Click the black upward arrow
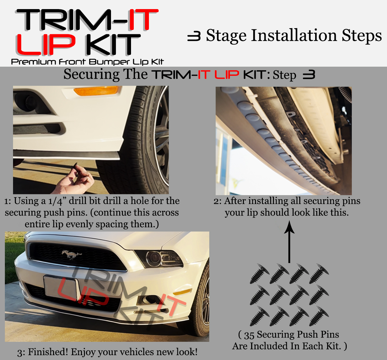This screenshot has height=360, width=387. pyautogui.click(x=289, y=242)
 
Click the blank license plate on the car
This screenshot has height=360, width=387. pyautogui.click(x=61, y=287)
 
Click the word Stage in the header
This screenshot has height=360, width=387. pyautogui.click(x=226, y=36)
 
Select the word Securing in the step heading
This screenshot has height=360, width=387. pyautogui.click(x=91, y=75)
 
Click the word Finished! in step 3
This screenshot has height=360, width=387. pyautogui.click(x=48, y=352)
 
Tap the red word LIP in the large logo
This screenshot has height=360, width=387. pyautogui.click(x=46, y=45)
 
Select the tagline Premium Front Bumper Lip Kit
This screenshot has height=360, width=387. pyautogui.click(x=87, y=62)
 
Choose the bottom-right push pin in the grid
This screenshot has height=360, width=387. pyautogui.click(x=319, y=316)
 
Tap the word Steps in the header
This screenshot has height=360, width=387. pyautogui.click(x=362, y=36)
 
